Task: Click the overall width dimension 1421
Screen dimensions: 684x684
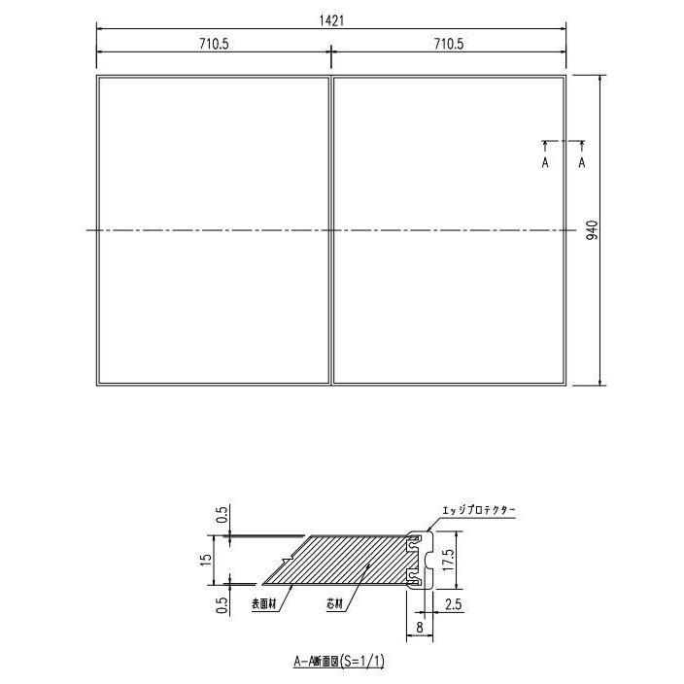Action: pyautogui.click(x=330, y=19)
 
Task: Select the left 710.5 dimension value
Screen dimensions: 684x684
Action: pyautogui.click(x=213, y=44)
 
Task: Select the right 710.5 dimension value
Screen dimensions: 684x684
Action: pyautogui.click(x=449, y=44)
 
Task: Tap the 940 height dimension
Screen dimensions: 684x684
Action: pyautogui.click(x=592, y=231)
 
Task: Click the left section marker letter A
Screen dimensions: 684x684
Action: pyautogui.click(x=545, y=163)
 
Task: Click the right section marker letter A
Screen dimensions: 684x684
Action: pyautogui.click(x=582, y=163)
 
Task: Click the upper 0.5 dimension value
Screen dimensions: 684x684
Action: pyautogui.click(x=222, y=513)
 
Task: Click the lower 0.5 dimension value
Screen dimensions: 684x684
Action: pyautogui.click(x=222, y=604)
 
